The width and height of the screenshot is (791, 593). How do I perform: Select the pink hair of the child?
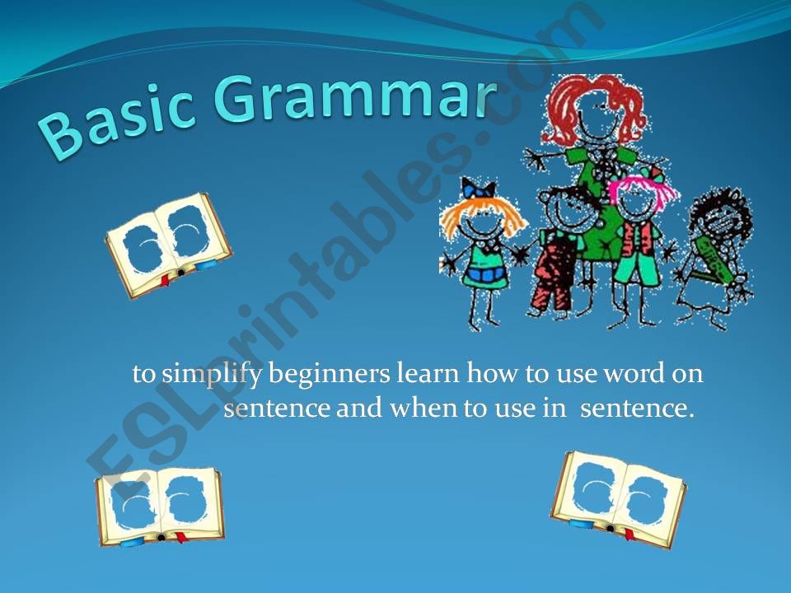[x=641, y=188]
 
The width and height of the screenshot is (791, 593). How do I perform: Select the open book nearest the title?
[x=168, y=245]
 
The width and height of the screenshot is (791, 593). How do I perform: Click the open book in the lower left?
[x=160, y=507]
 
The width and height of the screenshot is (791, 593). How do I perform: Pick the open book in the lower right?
[x=618, y=500]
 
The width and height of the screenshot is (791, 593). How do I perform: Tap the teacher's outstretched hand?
[x=536, y=159]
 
